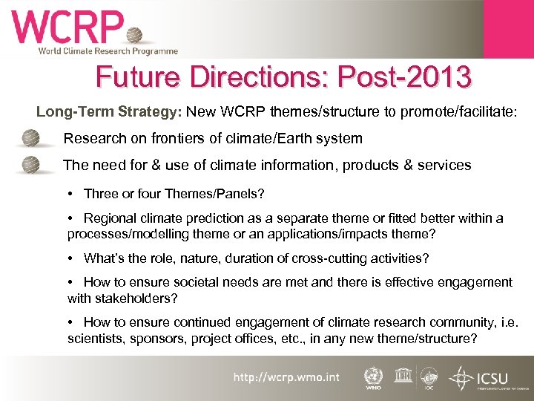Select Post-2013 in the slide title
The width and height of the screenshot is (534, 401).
[x=403, y=77]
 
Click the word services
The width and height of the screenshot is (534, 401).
[x=443, y=165]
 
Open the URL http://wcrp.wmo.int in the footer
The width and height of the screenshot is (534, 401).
[x=286, y=377]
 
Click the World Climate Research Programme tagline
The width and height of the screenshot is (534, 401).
[x=108, y=51]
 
